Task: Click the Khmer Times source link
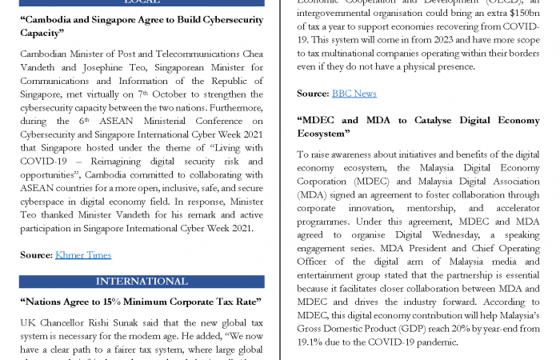point(82,254)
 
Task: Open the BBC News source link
point(354,93)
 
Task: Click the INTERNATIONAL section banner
point(142,282)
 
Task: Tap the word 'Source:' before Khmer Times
point(36,254)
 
